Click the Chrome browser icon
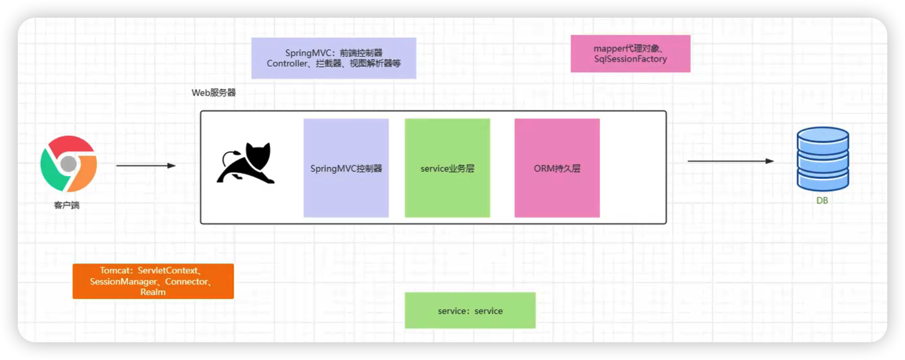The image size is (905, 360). click(x=68, y=164)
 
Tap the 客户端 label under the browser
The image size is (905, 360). click(x=67, y=205)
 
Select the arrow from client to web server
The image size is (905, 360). click(x=146, y=166)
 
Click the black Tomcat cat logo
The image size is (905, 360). click(x=246, y=163)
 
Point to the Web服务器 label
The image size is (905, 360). click(x=213, y=92)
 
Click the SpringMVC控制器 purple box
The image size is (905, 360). click(x=346, y=168)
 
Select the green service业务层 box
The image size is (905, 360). click(x=447, y=168)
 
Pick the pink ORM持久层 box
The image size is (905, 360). click(x=557, y=168)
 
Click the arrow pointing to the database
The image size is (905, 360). click(x=730, y=161)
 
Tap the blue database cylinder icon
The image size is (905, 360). click(x=822, y=159)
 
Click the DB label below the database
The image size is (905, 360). click(x=822, y=201)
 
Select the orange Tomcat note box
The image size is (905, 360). click(x=153, y=281)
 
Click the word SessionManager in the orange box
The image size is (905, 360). click(x=123, y=281)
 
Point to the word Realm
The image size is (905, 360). click(x=153, y=292)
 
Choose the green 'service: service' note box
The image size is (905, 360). click(x=470, y=310)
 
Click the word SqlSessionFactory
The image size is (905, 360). click(x=631, y=59)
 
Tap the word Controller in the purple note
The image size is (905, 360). click(x=287, y=63)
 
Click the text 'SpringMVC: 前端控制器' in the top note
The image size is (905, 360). click(x=333, y=53)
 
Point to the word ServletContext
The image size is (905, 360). click(x=168, y=270)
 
